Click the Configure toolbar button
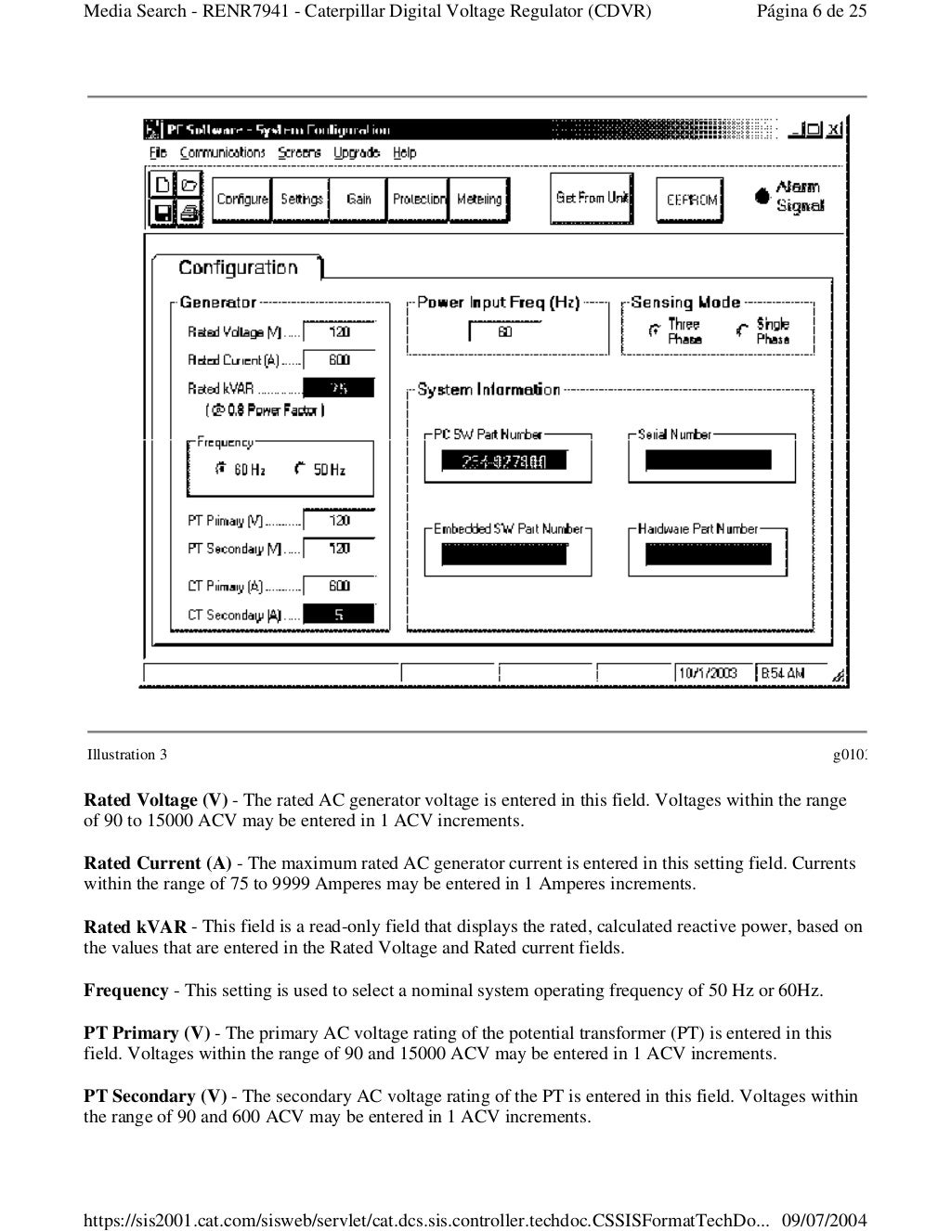(x=241, y=200)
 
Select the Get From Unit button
(x=592, y=198)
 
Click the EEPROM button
(x=691, y=200)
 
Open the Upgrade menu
(x=357, y=153)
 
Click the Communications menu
(x=222, y=153)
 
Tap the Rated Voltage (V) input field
(x=339, y=331)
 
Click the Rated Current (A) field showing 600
(x=339, y=360)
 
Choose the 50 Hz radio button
(x=300, y=470)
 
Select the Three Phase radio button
(x=655, y=330)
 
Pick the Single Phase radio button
(x=741, y=330)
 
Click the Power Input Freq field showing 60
(x=504, y=331)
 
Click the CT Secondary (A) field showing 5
(x=339, y=615)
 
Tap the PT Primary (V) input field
(x=339, y=521)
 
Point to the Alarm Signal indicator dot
(x=762, y=196)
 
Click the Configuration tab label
(x=238, y=268)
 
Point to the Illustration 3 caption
(x=127, y=755)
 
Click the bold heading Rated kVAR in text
(x=135, y=926)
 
